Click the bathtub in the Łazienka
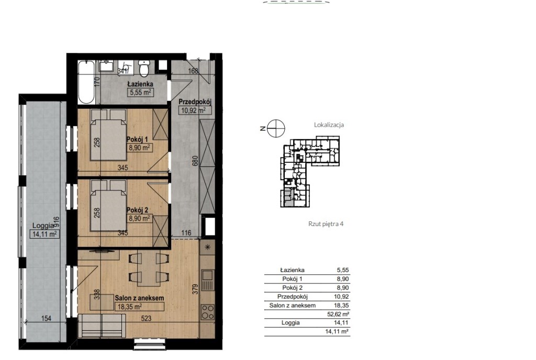pyautogui.click(x=86, y=82)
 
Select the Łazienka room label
pyautogui.click(x=140, y=84)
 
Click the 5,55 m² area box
pyautogui.click(x=140, y=92)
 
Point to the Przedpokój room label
pyautogui.click(x=195, y=102)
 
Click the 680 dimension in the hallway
pyautogui.click(x=195, y=161)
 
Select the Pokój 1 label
pyautogui.click(x=137, y=139)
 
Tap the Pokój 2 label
pyautogui.click(x=137, y=210)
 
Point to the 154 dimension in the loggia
pyautogui.click(x=46, y=318)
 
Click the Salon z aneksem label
pyautogui.click(x=139, y=298)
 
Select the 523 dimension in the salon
pyautogui.click(x=146, y=318)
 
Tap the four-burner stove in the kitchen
pyautogui.click(x=207, y=312)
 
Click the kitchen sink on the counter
pyautogui.click(x=207, y=279)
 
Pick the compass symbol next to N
pyautogui.click(x=276, y=129)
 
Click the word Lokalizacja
pyautogui.click(x=329, y=125)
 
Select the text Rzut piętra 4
pyautogui.click(x=326, y=224)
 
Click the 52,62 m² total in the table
pyautogui.click(x=338, y=314)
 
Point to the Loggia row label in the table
pyautogui.click(x=291, y=323)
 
